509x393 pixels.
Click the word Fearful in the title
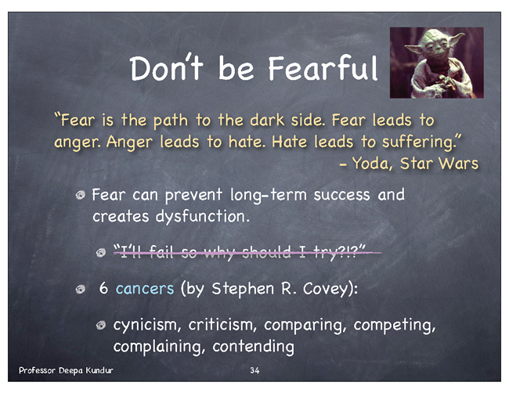(323, 68)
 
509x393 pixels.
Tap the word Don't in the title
(167, 68)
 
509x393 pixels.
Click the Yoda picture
(437, 63)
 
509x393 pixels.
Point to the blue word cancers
(145, 289)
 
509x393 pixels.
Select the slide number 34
(254, 370)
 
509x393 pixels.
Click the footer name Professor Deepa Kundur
(66, 370)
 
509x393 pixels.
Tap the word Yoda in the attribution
(370, 164)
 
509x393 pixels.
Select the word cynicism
(146, 325)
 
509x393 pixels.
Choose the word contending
(253, 347)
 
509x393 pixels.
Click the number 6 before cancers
(103, 288)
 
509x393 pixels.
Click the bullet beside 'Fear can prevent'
(80, 195)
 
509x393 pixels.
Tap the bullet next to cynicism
(101, 325)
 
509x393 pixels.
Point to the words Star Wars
(439, 164)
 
